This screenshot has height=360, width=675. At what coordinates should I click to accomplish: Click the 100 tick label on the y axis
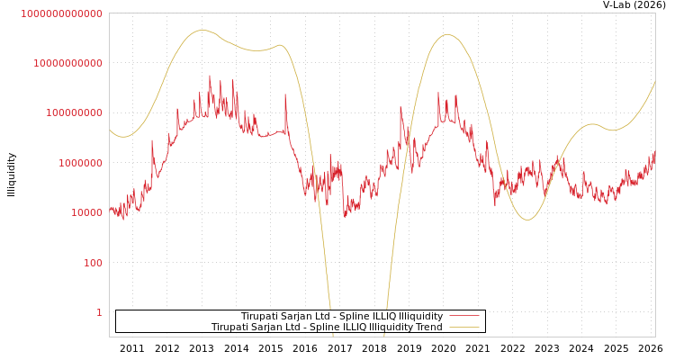point(93,263)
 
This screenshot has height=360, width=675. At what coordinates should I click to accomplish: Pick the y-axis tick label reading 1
point(99,312)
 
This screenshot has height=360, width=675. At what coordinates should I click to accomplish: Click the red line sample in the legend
point(463,316)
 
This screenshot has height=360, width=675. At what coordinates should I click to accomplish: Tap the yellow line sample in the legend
point(463,328)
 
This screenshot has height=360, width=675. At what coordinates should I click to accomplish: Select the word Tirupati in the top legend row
point(261,317)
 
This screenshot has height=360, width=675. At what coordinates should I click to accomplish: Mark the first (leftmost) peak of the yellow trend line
point(201,31)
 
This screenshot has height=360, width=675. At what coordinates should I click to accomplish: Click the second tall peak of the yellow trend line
point(447,34)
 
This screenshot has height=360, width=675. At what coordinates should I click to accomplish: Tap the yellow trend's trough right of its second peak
point(527,220)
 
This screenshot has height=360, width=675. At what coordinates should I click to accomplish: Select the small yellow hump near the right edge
point(591,124)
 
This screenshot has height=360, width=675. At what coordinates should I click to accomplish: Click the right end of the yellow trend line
point(654,82)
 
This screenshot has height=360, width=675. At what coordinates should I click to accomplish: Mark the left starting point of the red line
point(110,209)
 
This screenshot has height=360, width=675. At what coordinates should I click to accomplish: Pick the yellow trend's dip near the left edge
point(124,137)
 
